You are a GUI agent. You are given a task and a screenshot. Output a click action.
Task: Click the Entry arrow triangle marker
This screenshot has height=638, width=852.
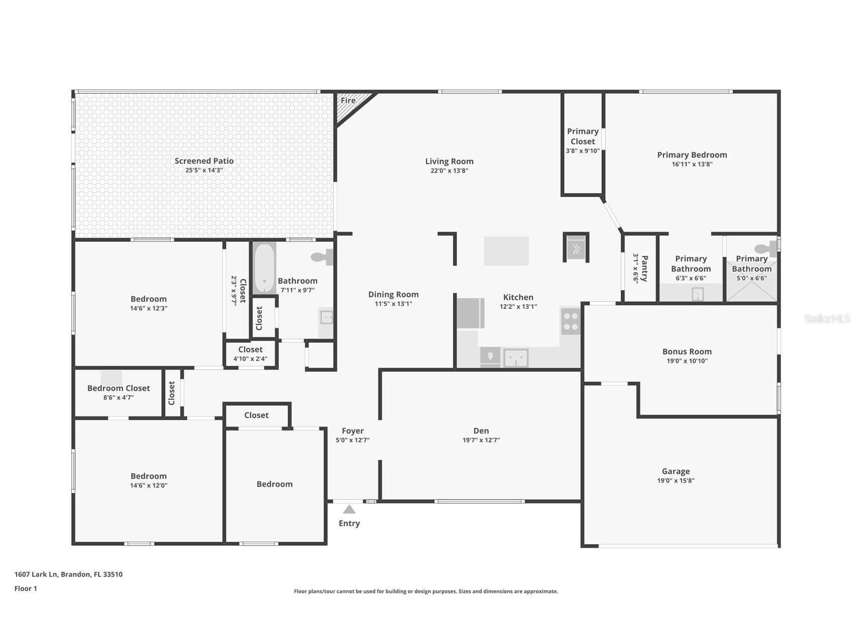point(349,510)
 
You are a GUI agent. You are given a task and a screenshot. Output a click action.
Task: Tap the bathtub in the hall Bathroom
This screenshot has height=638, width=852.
point(264,269)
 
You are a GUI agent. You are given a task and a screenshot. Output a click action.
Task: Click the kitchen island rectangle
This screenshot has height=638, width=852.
point(506,251)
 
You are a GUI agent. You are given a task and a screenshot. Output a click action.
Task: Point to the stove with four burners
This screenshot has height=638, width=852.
point(570,321)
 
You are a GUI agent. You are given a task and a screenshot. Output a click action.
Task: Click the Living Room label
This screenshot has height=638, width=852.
point(449,162)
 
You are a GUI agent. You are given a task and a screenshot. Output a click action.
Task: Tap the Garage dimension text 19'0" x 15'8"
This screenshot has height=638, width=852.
point(676,481)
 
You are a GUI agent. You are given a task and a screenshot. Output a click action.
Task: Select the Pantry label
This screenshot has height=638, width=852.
point(645,268)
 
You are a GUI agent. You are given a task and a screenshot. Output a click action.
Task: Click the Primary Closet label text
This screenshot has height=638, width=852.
point(583,136)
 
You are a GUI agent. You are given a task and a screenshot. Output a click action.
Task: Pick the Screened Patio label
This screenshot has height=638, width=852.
point(204,161)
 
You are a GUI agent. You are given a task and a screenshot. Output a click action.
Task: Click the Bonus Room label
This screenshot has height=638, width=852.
point(687,352)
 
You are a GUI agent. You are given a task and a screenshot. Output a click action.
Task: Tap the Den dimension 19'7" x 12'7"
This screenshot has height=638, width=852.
point(481,440)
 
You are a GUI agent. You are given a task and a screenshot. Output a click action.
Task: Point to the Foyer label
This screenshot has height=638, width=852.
point(353,431)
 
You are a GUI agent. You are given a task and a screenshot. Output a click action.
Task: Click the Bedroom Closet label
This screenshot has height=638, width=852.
point(118,388)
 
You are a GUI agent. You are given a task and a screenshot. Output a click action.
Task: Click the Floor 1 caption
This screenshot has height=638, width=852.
point(26,588)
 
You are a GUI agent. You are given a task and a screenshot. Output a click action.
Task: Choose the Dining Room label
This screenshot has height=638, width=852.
point(393,294)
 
